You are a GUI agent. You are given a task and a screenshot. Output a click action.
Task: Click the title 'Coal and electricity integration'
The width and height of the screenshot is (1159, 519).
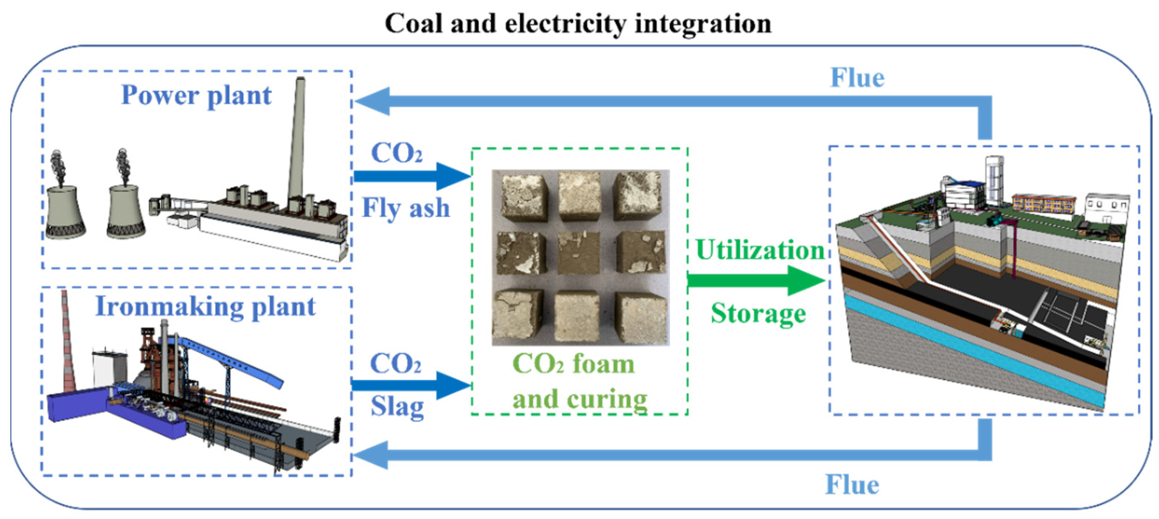[x=578, y=24]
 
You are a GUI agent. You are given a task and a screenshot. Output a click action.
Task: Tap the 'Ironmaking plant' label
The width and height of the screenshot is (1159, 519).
[x=205, y=307]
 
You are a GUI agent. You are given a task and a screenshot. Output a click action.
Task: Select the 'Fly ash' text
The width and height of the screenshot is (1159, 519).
[x=406, y=208]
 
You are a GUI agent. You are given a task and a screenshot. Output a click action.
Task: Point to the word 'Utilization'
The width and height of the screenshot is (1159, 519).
[x=760, y=250]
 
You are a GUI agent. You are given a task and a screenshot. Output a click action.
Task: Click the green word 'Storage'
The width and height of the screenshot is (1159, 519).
[x=758, y=313]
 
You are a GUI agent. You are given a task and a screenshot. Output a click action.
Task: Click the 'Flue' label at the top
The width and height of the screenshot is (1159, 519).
[x=857, y=77]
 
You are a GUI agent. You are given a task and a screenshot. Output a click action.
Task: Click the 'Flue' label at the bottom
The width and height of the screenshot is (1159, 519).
[x=852, y=484]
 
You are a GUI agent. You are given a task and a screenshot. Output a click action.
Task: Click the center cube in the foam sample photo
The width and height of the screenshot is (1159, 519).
[x=579, y=253]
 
